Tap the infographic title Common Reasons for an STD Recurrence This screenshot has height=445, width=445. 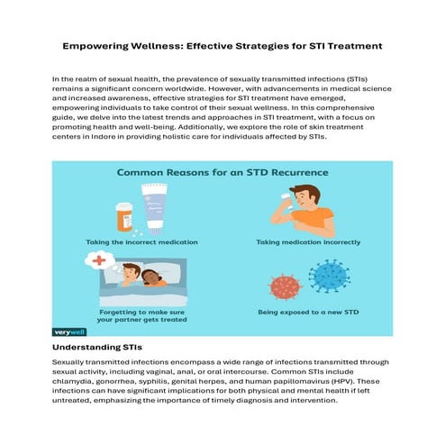[222, 170]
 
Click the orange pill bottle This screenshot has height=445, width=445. [123, 216]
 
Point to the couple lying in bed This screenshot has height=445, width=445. [145, 280]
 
